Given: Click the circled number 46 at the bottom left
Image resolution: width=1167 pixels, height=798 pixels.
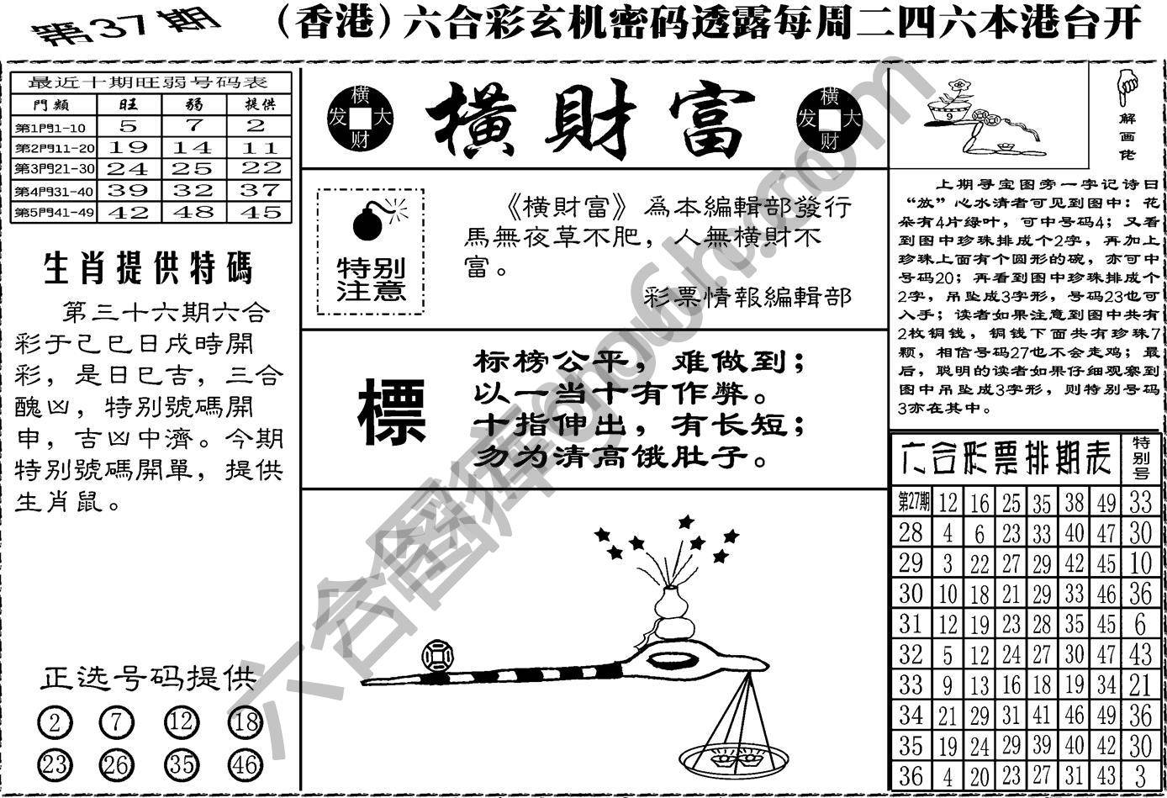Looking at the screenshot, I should (x=244, y=765).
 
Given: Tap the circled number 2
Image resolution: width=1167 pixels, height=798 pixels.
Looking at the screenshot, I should (x=55, y=722).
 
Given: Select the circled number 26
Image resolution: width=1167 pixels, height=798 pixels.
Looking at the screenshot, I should (x=116, y=765).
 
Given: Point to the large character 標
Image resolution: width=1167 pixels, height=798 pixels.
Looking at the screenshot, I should (x=392, y=412).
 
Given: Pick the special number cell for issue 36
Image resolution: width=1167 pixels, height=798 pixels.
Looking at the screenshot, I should (x=1140, y=775).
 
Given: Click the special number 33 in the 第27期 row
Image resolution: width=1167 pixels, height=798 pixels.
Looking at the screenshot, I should (x=1140, y=502).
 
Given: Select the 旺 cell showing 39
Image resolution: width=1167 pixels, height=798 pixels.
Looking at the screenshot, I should (x=128, y=191).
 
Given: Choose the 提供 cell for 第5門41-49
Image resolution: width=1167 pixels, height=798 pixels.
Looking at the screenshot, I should (x=259, y=213).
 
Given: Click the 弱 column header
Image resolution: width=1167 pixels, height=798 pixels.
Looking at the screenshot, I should (x=194, y=104).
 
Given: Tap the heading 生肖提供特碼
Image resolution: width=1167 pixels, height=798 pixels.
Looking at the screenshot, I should (x=148, y=270).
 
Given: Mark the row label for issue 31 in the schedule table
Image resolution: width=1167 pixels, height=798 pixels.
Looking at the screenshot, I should (x=911, y=624).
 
